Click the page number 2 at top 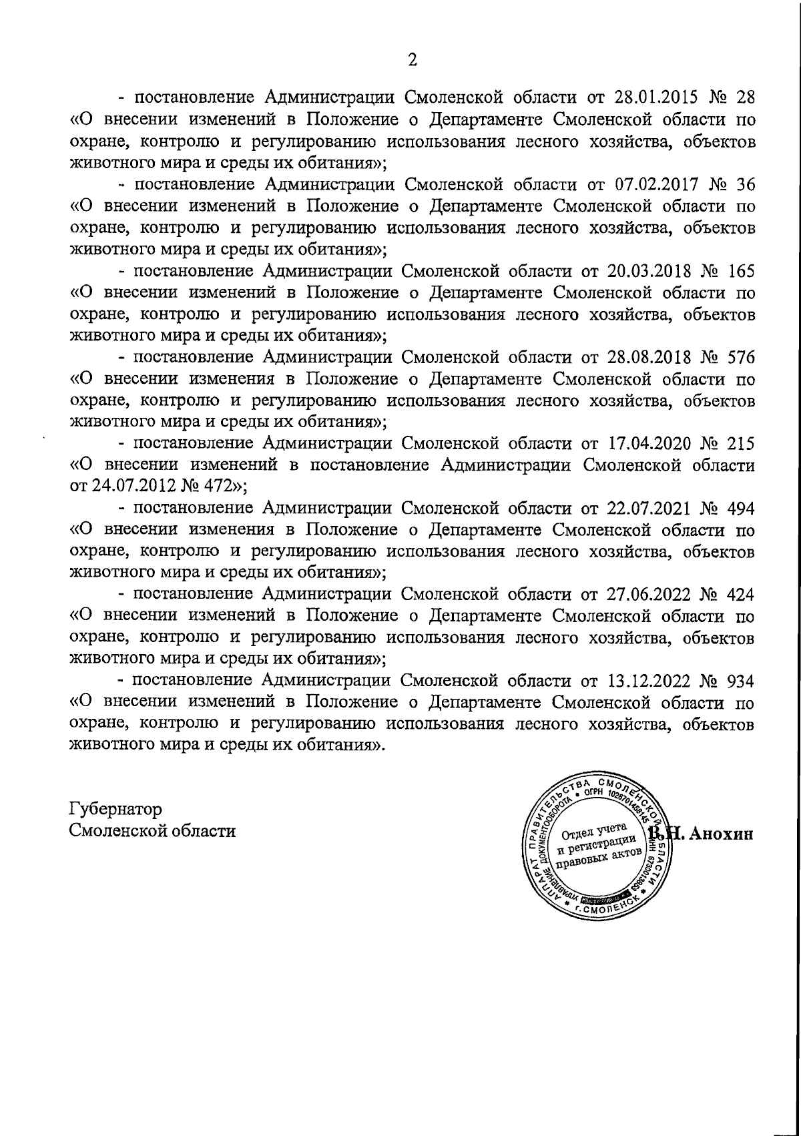click(412, 60)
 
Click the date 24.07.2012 click(136, 487)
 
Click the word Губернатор click(115, 810)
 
